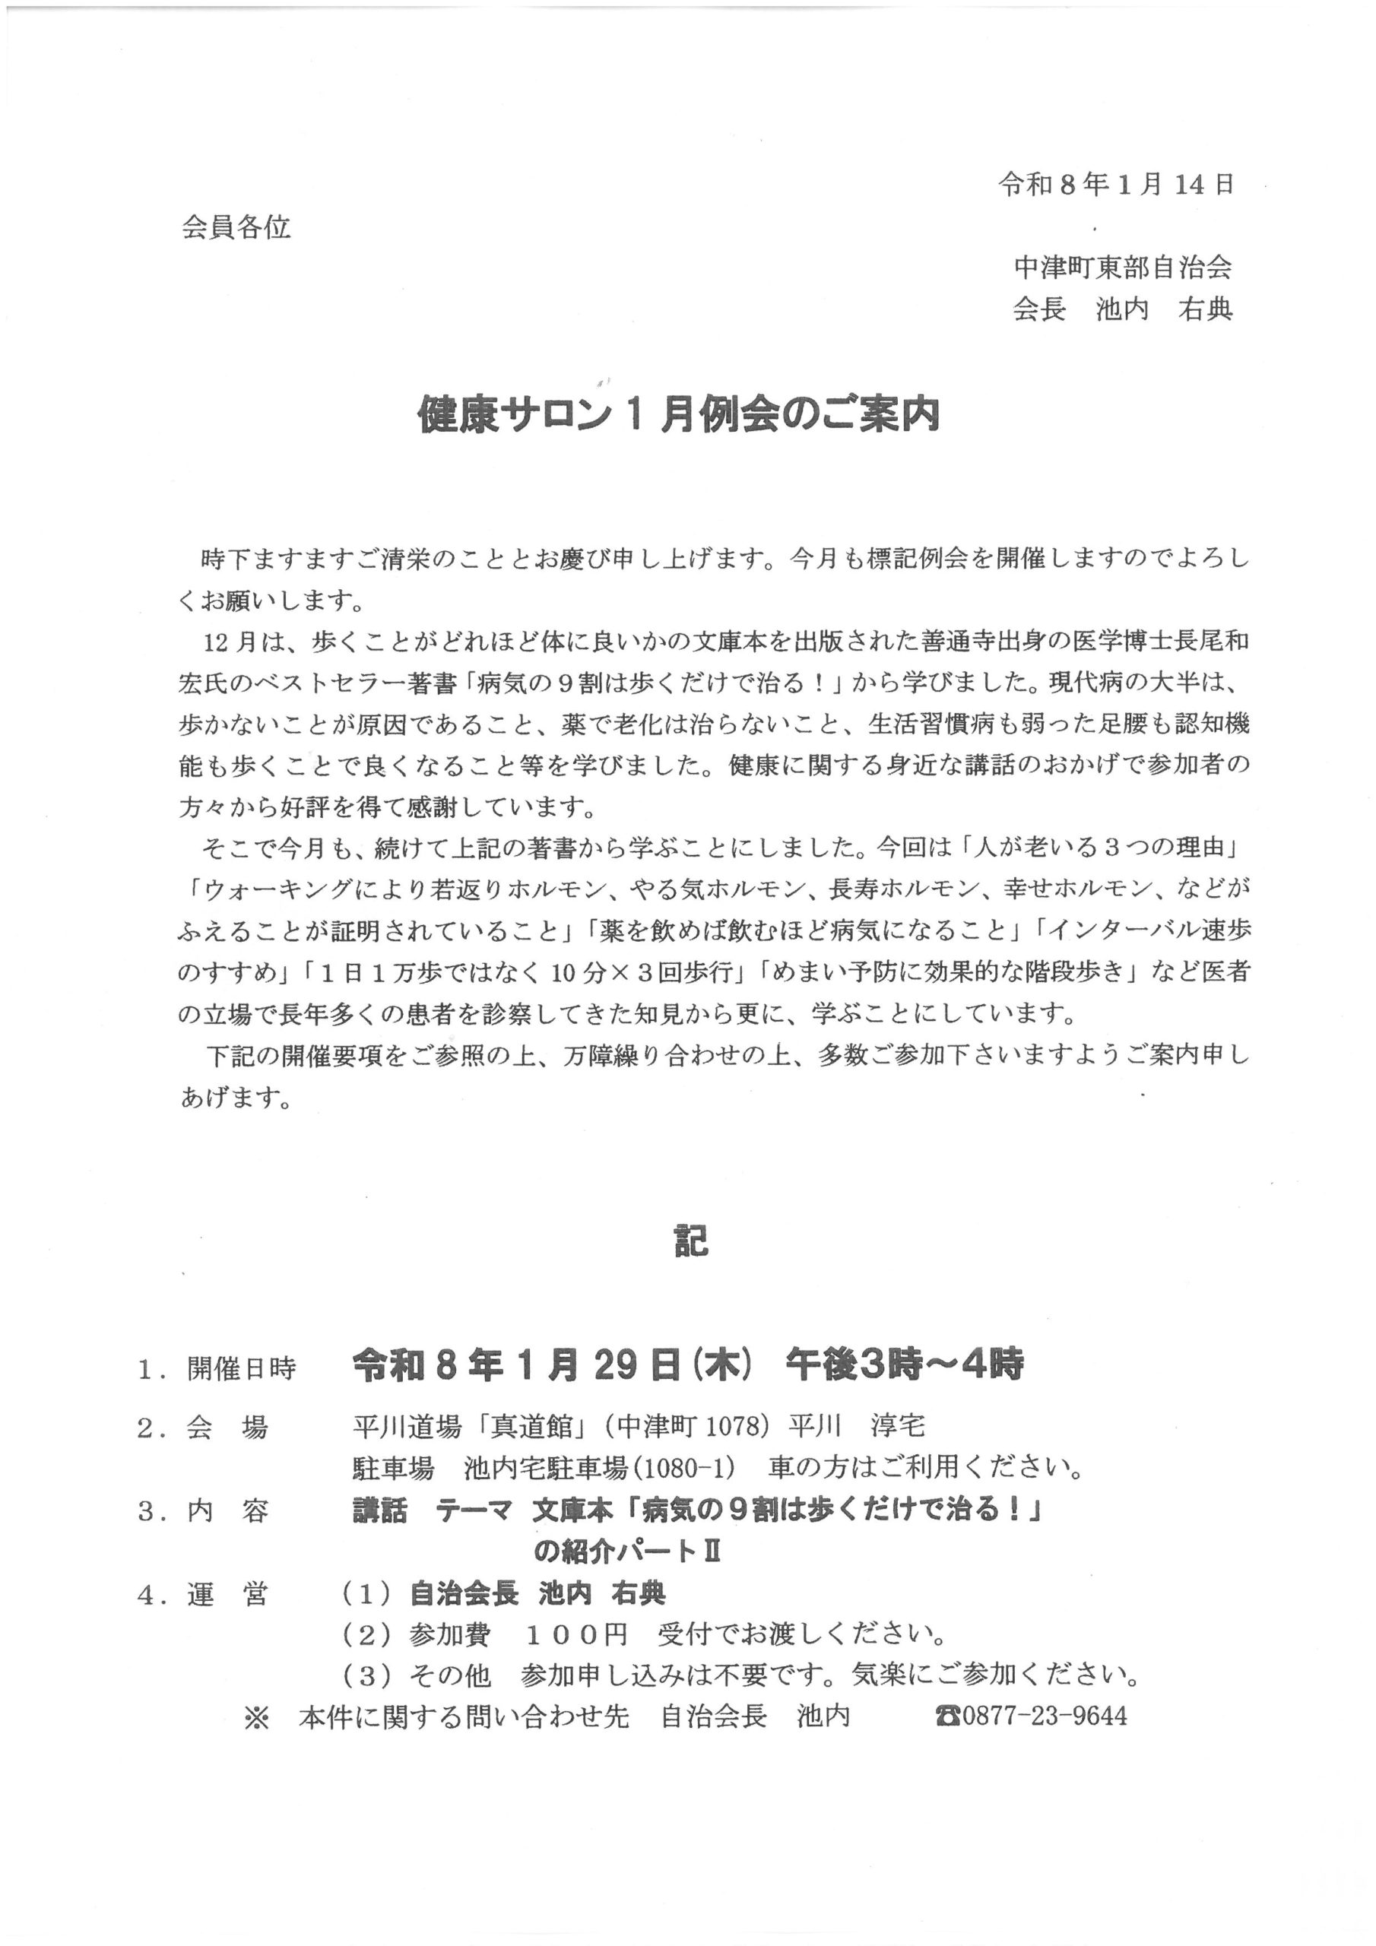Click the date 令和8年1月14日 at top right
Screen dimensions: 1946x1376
coord(1116,184)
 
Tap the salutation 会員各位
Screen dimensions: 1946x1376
coord(236,227)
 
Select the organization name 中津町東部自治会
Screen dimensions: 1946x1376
coord(1123,268)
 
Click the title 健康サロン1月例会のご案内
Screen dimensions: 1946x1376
coord(679,415)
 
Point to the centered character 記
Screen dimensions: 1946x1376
coord(691,1243)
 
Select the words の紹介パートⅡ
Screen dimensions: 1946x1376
coord(627,1551)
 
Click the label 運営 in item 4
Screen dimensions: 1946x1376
coord(227,1593)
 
